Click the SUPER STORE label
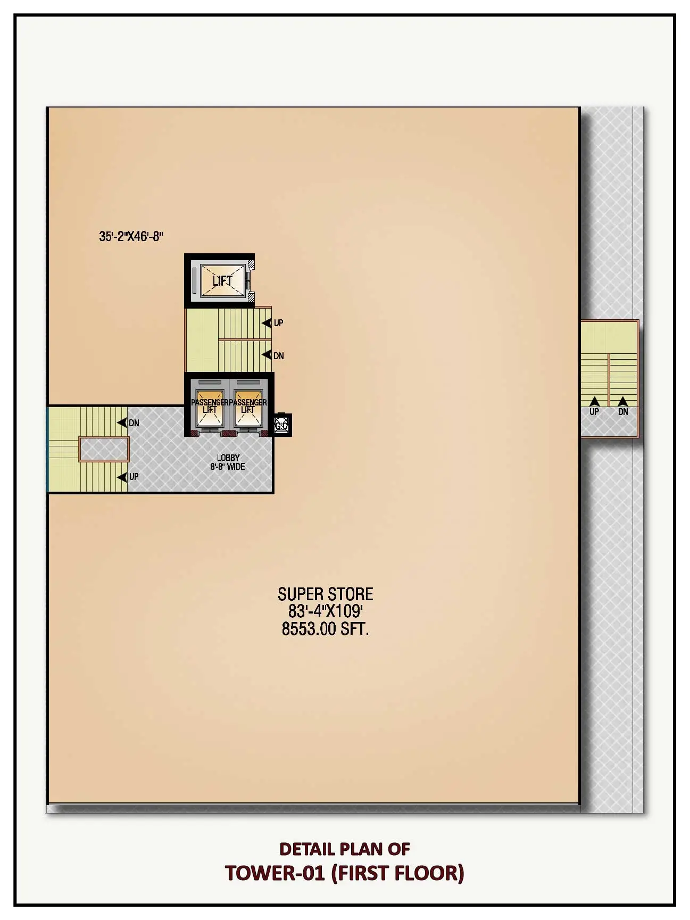point(325,594)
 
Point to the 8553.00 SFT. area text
point(325,629)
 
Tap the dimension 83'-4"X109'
point(325,611)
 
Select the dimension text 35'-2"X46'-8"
point(131,236)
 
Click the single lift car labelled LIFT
point(222,280)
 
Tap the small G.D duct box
point(282,425)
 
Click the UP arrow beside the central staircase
point(267,323)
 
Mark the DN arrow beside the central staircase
point(267,355)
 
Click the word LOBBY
point(228,458)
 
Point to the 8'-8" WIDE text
point(228,467)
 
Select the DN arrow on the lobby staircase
point(122,423)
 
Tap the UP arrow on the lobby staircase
point(122,477)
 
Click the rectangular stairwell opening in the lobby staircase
point(104,449)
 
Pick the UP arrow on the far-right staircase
point(594,402)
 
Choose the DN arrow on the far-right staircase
point(623,402)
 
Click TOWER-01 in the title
point(275,873)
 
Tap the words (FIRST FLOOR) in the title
point(398,873)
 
